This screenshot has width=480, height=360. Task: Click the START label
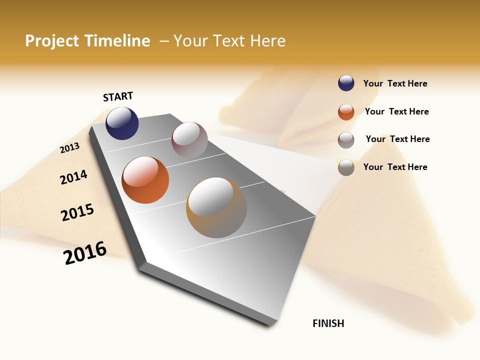[118, 96]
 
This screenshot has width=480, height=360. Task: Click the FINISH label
[328, 323]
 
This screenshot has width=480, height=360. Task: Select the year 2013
[69, 148]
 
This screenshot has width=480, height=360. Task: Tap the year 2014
[73, 177]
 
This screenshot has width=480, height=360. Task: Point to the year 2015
[77, 212]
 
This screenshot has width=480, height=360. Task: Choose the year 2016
[85, 253]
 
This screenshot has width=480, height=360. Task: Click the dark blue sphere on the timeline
[122, 123]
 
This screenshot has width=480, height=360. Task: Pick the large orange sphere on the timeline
[145, 180]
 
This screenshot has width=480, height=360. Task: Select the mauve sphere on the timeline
[189, 140]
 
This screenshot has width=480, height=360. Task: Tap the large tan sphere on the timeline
[216, 207]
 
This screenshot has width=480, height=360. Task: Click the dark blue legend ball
[346, 83]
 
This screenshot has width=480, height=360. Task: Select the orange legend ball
[346, 112]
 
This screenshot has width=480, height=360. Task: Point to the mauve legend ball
[346, 140]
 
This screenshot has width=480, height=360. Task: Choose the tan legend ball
[346, 167]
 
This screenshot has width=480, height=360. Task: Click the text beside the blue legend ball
[395, 83]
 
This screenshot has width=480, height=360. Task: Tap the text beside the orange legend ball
[396, 111]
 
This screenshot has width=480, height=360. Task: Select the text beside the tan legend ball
[395, 167]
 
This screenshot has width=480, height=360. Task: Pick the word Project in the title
[52, 41]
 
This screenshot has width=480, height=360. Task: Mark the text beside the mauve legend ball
[397, 139]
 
